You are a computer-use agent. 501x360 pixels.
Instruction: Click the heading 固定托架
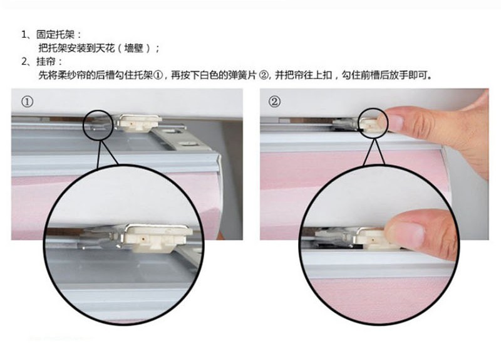[x=55, y=34]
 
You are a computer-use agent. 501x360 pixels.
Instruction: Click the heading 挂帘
[x=46, y=61]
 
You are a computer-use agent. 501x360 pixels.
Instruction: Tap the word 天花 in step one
[x=105, y=48]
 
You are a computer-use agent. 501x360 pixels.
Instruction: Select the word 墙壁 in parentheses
[x=133, y=48]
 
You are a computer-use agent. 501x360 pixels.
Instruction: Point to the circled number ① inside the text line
[x=158, y=75]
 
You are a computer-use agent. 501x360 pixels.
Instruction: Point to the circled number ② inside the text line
[x=264, y=75]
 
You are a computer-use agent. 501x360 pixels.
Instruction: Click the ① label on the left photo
[x=27, y=102]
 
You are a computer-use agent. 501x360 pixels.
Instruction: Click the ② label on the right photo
[x=274, y=102]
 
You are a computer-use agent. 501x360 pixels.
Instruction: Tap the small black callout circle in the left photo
[x=84, y=125]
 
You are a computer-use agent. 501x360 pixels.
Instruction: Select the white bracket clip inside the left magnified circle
[x=157, y=238]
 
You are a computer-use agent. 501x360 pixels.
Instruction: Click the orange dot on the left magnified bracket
[x=145, y=238]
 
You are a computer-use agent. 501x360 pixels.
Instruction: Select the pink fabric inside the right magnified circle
[x=380, y=298]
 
